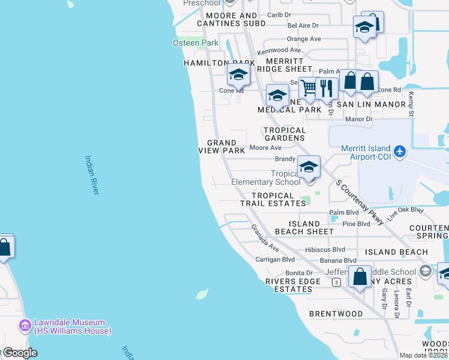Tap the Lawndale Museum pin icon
[25, 326]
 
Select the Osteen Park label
[196, 43]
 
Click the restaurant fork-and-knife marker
[327, 88]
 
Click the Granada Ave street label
[265, 238]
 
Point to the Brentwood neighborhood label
[336, 314]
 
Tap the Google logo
[19, 353]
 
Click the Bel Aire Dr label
[303, 26]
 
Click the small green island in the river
[202, 294]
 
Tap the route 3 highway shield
[337, 281]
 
